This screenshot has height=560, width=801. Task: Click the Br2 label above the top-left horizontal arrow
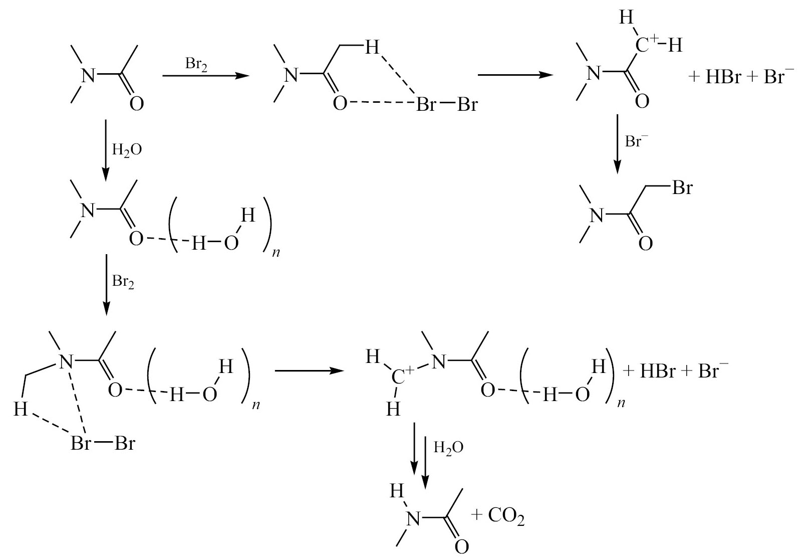[196, 65]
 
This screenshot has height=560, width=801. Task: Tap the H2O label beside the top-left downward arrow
[127, 150]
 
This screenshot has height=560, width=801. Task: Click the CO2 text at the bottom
[506, 516]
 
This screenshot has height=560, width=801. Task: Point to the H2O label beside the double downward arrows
[448, 447]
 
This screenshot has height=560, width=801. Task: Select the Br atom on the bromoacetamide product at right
[682, 187]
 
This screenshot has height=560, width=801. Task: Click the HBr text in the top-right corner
[723, 77]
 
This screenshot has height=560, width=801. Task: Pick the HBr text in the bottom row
[657, 371]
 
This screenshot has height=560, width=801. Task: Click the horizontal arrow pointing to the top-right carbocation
[515, 75]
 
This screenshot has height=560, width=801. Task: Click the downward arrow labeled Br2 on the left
[106, 285]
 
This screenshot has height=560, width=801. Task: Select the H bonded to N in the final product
[397, 491]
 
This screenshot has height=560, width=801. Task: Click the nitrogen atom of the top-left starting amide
[89, 76]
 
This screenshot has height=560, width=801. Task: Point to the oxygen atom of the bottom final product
[462, 547]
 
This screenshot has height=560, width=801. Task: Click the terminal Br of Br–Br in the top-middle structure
[467, 104]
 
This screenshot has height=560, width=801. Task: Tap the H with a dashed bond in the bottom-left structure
[21, 409]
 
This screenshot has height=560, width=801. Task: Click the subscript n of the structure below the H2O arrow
[276, 253]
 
